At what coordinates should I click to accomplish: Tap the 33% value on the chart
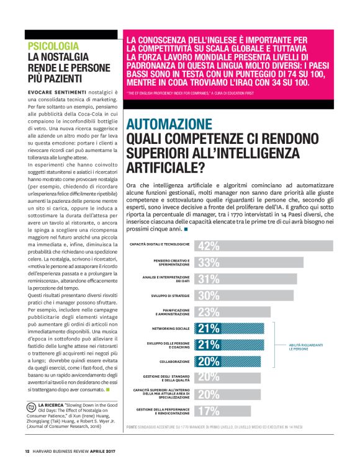coord(208,262)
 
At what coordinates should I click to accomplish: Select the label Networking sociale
coord(171,327)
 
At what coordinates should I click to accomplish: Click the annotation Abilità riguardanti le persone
coord(305,347)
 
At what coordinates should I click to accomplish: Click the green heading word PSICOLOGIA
coord(53,46)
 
